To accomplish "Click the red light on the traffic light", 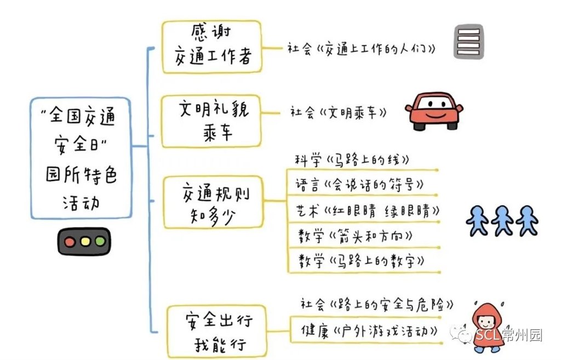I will click(x=69, y=241).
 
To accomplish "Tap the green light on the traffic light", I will click(x=100, y=241).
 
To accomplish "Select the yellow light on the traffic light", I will click(x=84, y=241).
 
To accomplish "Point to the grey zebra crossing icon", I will click(x=468, y=41).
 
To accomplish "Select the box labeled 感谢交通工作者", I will click(x=211, y=47).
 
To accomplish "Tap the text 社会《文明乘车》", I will click(x=338, y=113).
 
